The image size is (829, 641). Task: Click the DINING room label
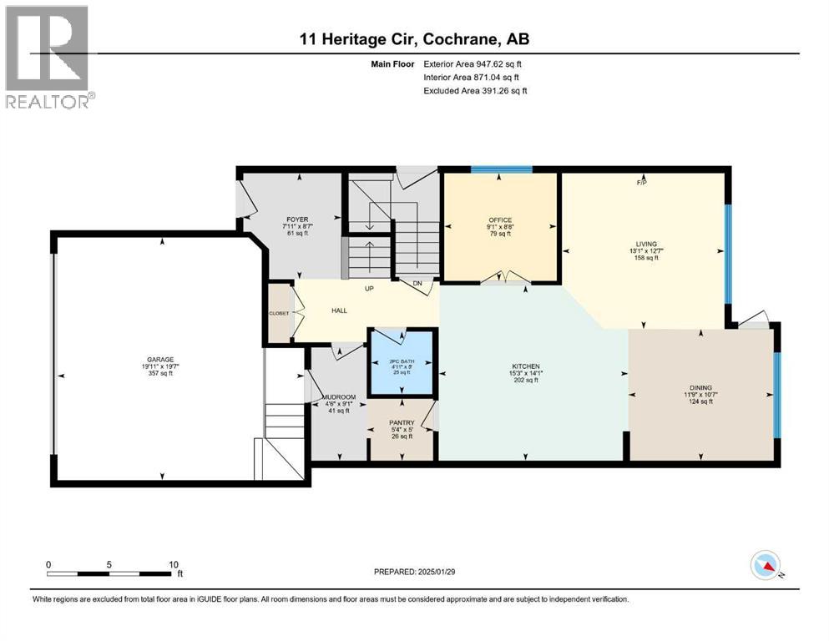click(700, 388)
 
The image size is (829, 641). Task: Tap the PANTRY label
click(402, 423)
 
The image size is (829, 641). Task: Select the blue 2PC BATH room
click(402, 365)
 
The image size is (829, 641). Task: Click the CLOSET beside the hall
click(278, 313)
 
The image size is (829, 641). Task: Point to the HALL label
click(339, 310)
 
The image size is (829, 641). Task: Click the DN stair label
click(416, 284)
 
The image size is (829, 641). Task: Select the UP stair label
click(367, 289)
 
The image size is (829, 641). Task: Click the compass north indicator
click(766, 567)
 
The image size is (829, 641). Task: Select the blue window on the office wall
click(501, 169)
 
